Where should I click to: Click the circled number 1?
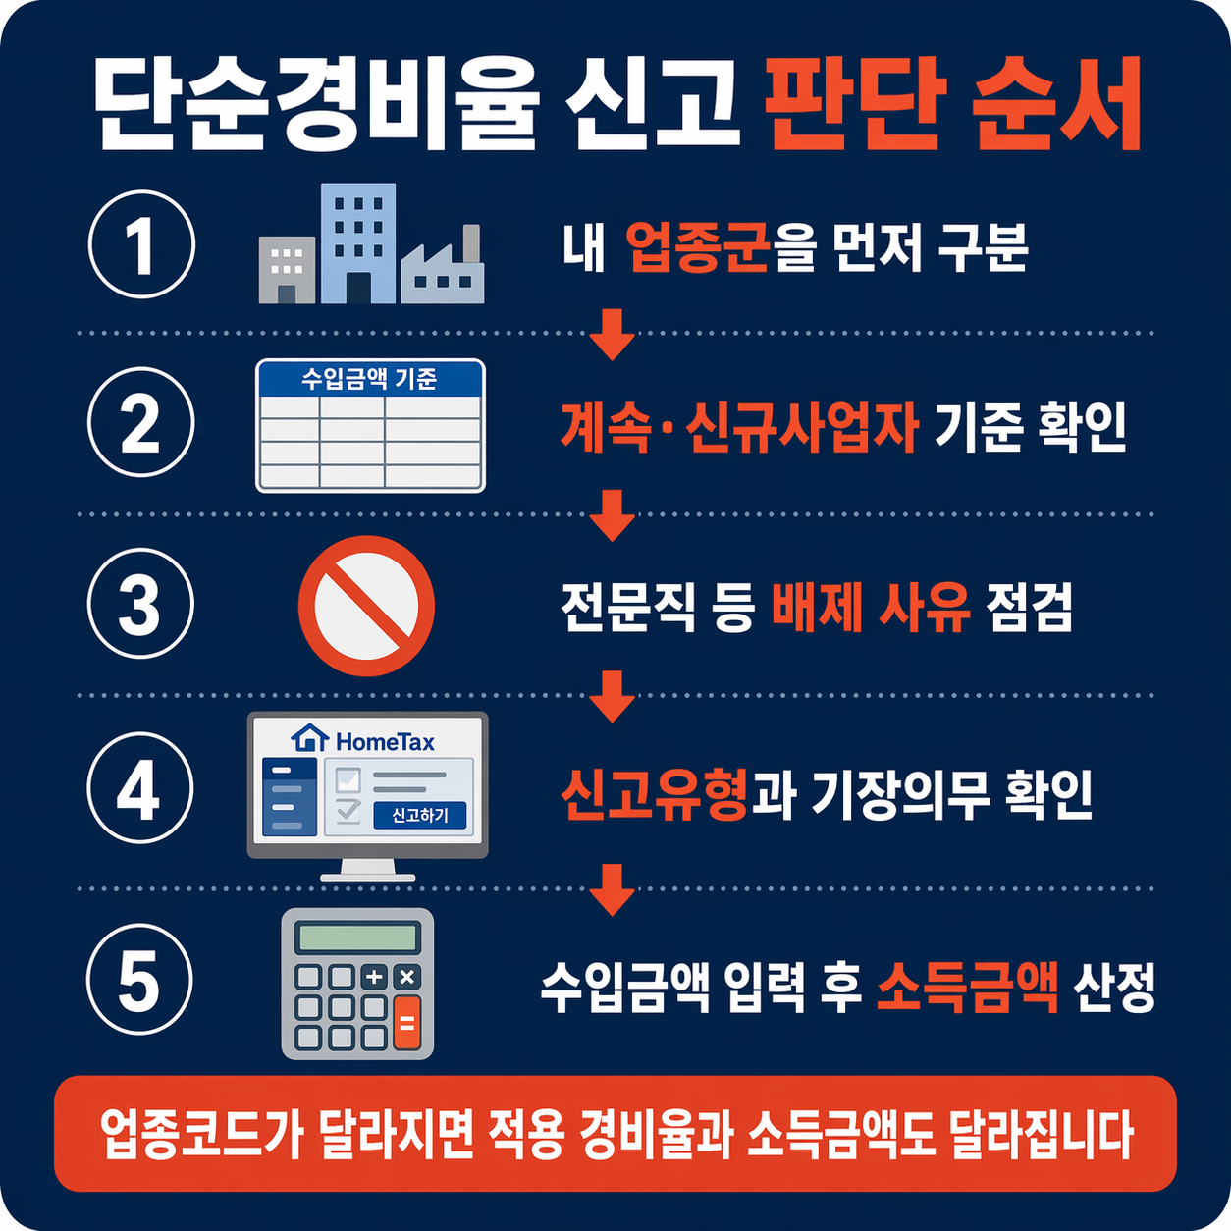coord(141,244)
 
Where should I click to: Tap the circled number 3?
coord(140,603)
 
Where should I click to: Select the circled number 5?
coord(139,980)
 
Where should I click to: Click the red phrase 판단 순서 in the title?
coord(953,105)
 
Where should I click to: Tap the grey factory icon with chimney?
coord(442,264)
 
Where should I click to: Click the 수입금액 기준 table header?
coord(370,379)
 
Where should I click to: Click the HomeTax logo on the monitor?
coord(363,740)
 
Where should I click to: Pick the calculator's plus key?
coord(374,977)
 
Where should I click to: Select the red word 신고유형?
coord(654,795)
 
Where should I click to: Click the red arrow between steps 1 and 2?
coord(612,335)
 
